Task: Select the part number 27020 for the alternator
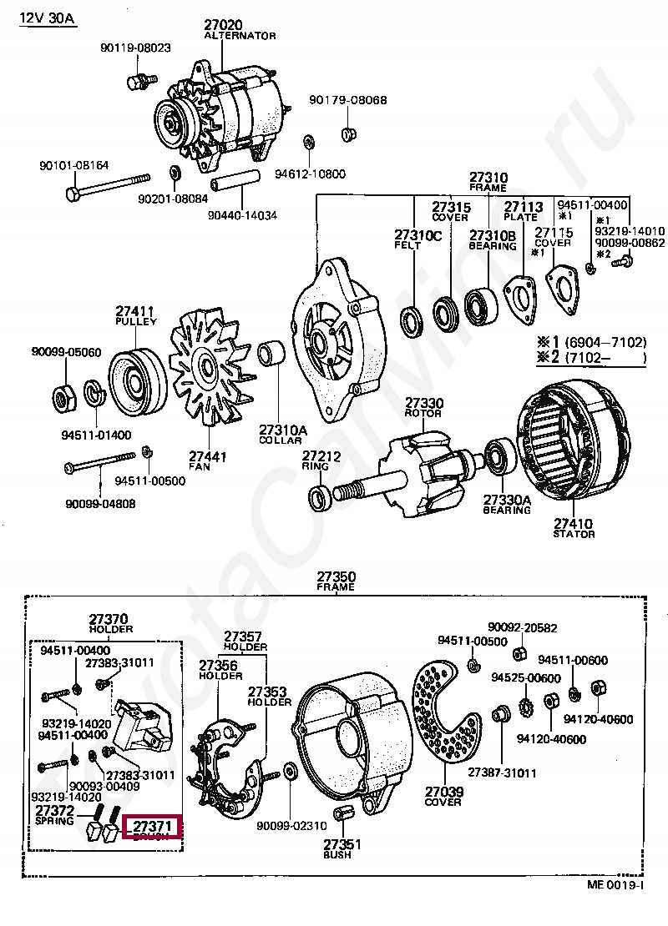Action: [224, 26]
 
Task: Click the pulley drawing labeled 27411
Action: [132, 380]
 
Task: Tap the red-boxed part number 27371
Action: [152, 826]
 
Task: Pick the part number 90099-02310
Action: [291, 826]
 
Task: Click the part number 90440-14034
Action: [243, 214]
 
